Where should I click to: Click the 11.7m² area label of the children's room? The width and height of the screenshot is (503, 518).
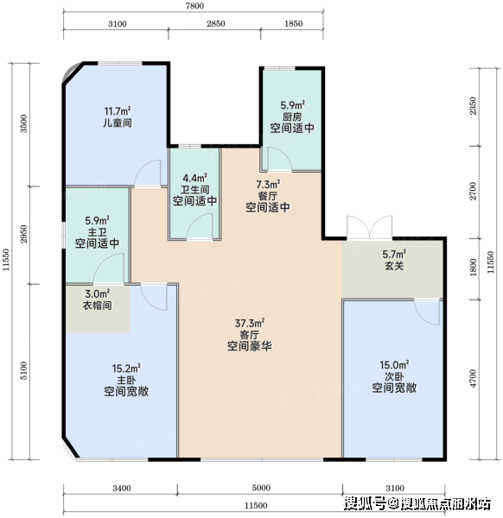[x=118, y=111]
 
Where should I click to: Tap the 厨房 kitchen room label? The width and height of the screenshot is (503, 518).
[x=292, y=117]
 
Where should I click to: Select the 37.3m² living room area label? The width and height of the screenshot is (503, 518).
[x=250, y=323]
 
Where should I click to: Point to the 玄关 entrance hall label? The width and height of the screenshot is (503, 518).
[x=394, y=266]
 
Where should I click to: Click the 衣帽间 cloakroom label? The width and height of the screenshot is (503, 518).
[x=97, y=305]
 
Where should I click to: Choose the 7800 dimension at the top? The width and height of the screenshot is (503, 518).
[x=194, y=6]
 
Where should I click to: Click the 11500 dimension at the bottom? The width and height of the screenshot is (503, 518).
[x=256, y=505]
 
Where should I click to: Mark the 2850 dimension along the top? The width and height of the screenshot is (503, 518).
[x=216, y=23]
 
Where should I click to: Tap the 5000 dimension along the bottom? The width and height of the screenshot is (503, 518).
[x=261, y=488]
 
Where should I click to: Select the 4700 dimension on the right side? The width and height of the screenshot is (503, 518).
[x=474, y=379]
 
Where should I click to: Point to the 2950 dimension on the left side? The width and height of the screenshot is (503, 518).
[x=23, y=234]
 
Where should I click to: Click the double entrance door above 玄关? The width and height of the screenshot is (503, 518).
[x=369, y=227]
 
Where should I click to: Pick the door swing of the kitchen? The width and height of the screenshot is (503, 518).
[x=279, y=159]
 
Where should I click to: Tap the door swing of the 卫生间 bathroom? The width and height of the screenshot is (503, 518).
[x=200, y=226]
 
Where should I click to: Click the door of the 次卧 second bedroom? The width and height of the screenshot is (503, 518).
[x=427, y=313]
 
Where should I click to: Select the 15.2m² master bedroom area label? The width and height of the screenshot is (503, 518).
[x=126, y=369]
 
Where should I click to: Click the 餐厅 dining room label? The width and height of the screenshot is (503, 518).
[x=268, y=196]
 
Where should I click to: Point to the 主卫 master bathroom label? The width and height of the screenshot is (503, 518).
[x=97, y=231]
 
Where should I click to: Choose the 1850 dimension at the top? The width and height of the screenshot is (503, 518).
[x=293, y=23]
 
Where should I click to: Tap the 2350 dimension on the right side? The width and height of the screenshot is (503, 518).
[x=474, y=106]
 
